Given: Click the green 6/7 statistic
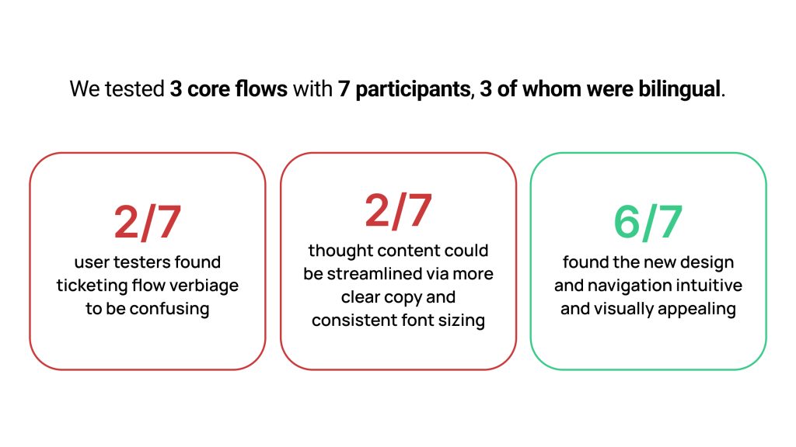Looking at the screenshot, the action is pyautogui.click(x=648, y=222).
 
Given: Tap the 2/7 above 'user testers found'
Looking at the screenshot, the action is pyautogui.click(x=147, y=222).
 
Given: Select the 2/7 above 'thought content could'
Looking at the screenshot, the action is pyautogui.click(x=398, y=210).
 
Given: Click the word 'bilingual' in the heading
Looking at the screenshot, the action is pyautogui.click(x=679, y=89).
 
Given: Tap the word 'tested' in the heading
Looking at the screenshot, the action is pyautogui.click(x=134, y=89).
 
